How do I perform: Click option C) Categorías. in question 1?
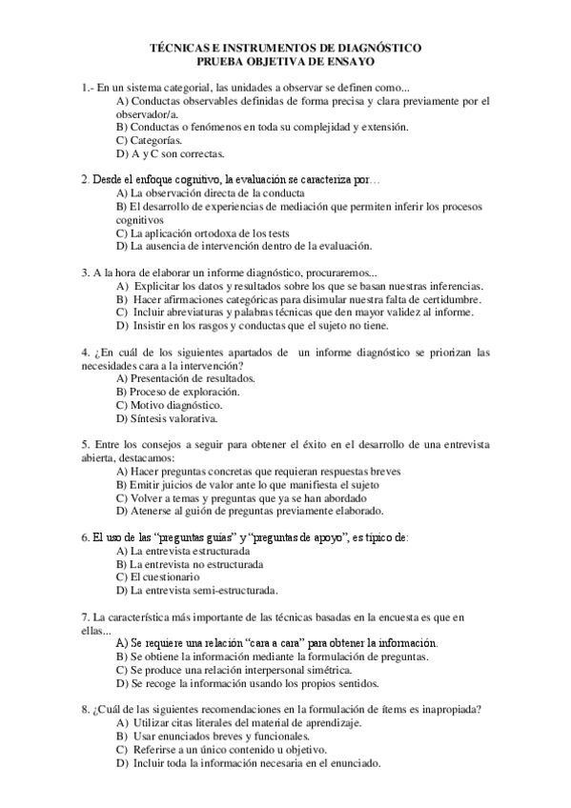[149, 140]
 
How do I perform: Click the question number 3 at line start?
[85, 273]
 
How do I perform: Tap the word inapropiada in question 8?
[446, 709]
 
